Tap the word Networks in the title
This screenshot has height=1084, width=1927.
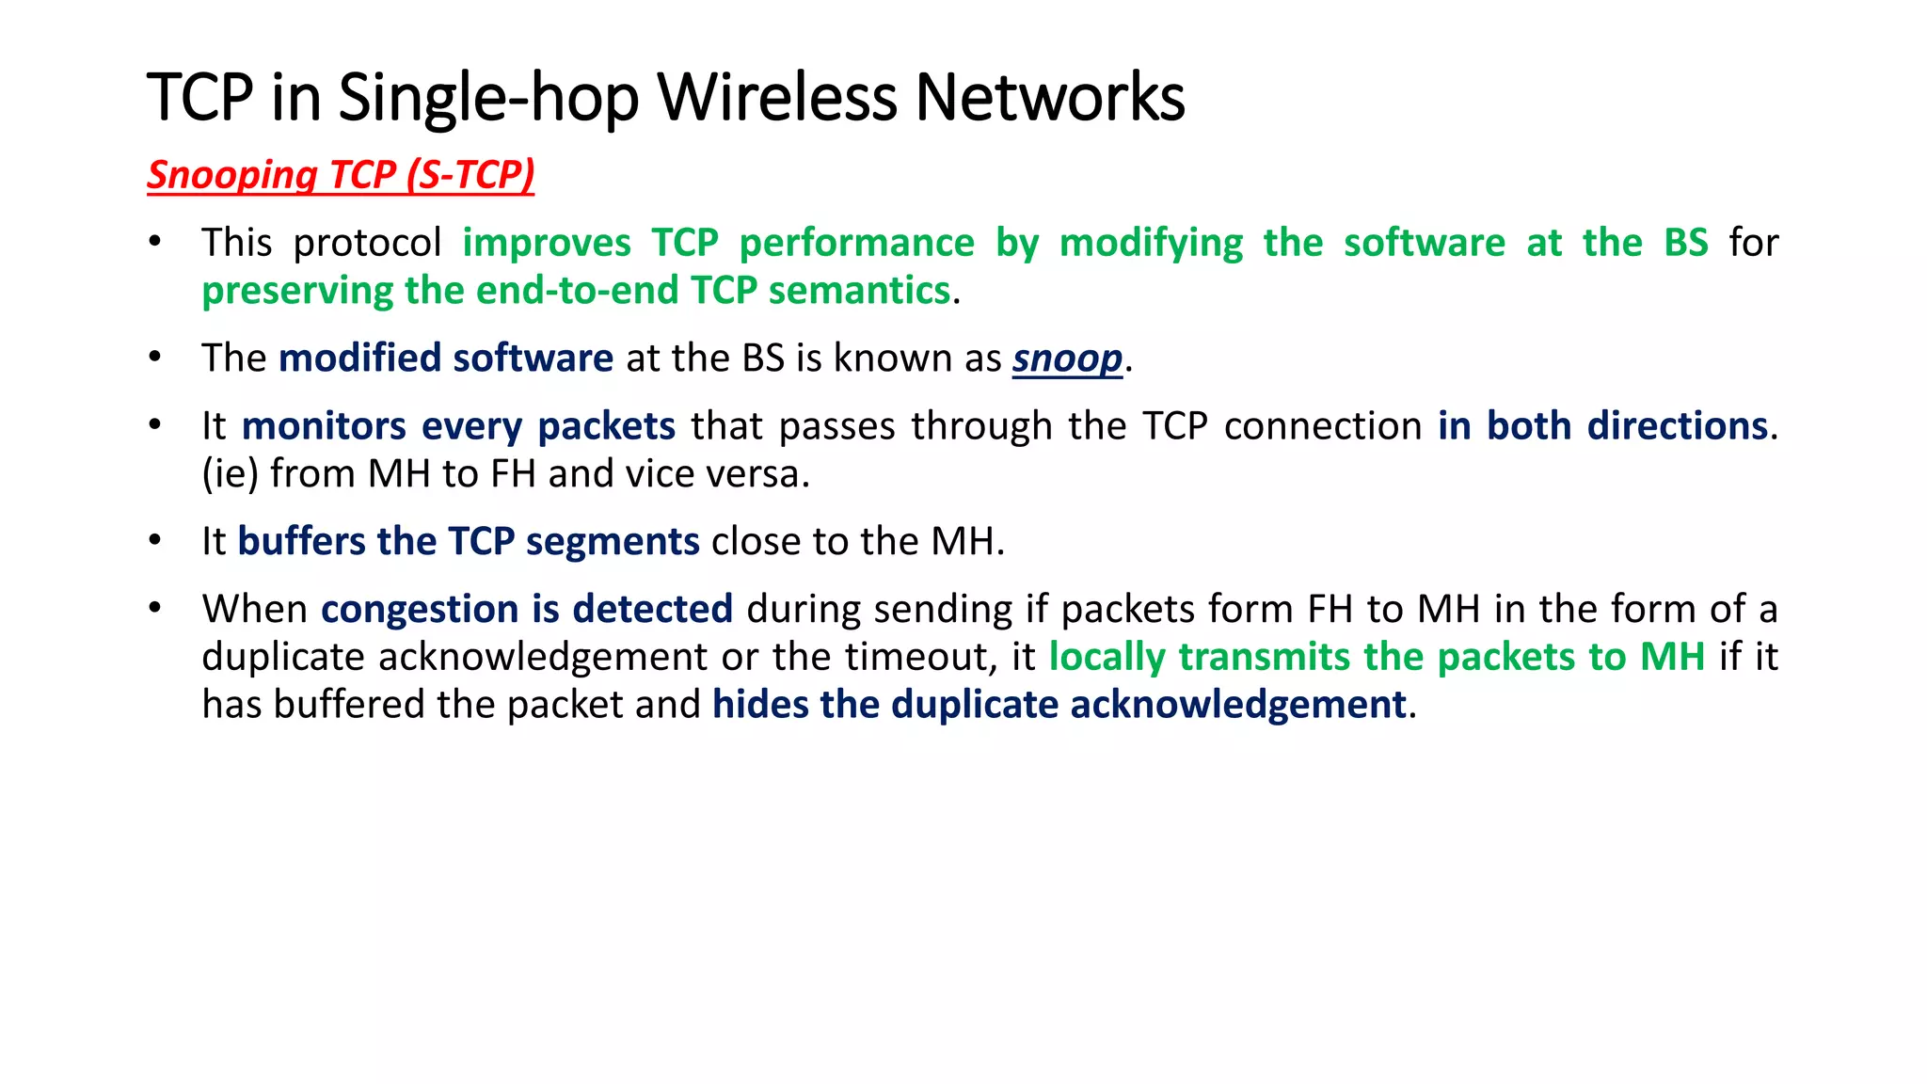[1049, 97]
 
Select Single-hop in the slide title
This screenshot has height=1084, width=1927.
[487, 99]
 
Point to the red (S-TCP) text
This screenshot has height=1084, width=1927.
[470, 175]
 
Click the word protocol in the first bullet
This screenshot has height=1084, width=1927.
[367, 244]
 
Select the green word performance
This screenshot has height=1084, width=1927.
[856, 244]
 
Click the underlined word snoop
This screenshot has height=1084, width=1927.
[1067, 359]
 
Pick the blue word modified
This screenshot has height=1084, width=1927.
[359, 359]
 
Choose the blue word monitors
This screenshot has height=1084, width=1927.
[323, 426]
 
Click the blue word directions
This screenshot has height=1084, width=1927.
[1677, 426]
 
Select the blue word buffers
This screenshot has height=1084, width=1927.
[301, 542]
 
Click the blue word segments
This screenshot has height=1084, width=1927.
[613, 543]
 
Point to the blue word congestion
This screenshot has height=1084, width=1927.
[420, 610]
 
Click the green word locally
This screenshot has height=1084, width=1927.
[1107, 658]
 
